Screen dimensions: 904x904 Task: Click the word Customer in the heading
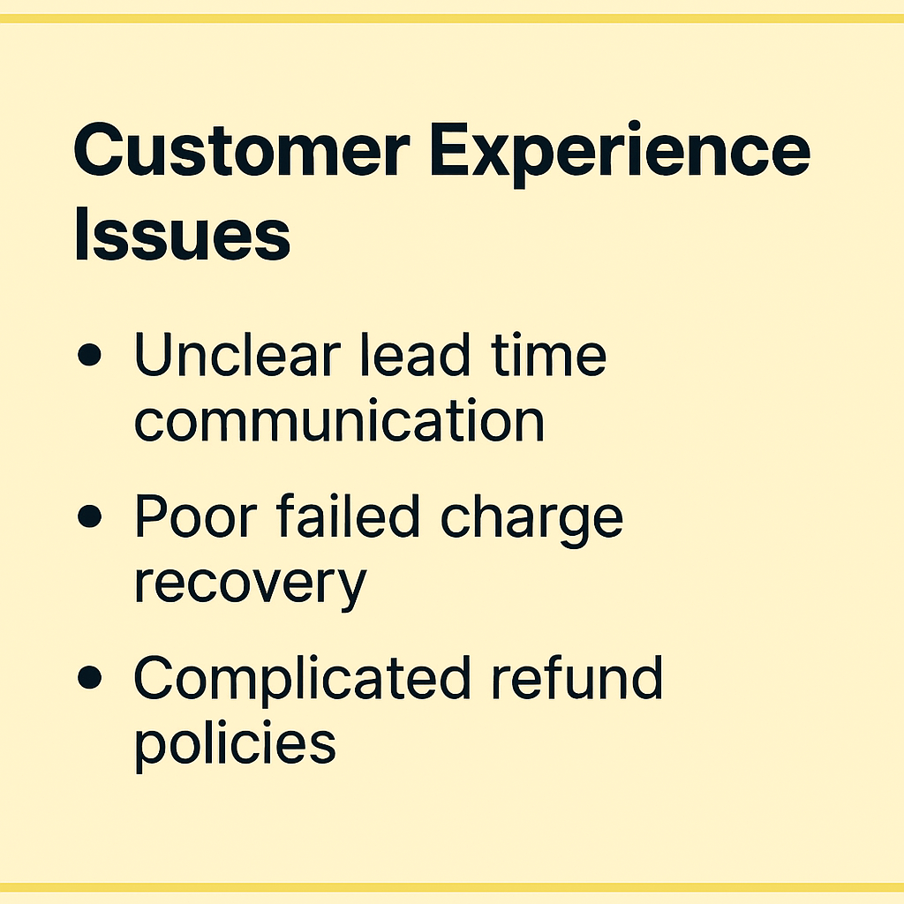tap(242, 149)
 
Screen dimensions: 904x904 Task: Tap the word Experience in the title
tap(620, 154)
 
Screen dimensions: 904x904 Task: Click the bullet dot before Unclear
tap(89, 355)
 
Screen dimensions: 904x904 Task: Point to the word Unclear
tap(237, 354)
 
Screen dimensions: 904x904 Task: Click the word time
tap(548, 355)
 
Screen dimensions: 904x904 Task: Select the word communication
tap(339, 421)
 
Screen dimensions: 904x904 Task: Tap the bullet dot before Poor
tap(89, 516)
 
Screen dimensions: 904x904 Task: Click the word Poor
tap(195, 516)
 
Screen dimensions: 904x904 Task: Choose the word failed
tap(347, 516)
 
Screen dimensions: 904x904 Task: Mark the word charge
tap(531, 519)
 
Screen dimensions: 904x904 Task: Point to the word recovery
tap(250, 586)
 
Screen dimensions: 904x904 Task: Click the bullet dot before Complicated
tap(89, 677)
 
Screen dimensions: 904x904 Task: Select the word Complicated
tap(302, 681)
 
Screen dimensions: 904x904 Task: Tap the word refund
tap(576, 677)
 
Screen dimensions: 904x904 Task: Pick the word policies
tap(235, 744)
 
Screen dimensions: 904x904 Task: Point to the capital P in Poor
tap(151, 516)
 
